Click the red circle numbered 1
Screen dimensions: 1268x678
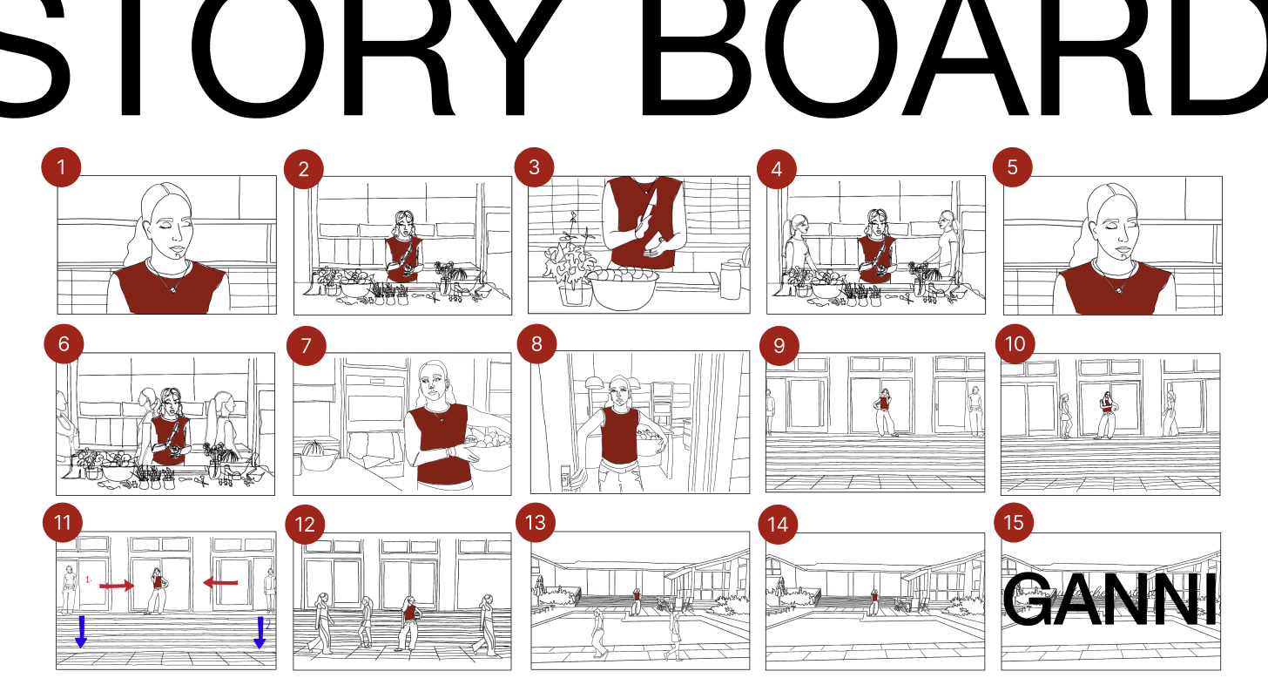pos(61,166)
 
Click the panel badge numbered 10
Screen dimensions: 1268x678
pos(1015,343)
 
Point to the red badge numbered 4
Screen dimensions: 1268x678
pos(777,170)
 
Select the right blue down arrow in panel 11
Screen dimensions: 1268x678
pos(260,632)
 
